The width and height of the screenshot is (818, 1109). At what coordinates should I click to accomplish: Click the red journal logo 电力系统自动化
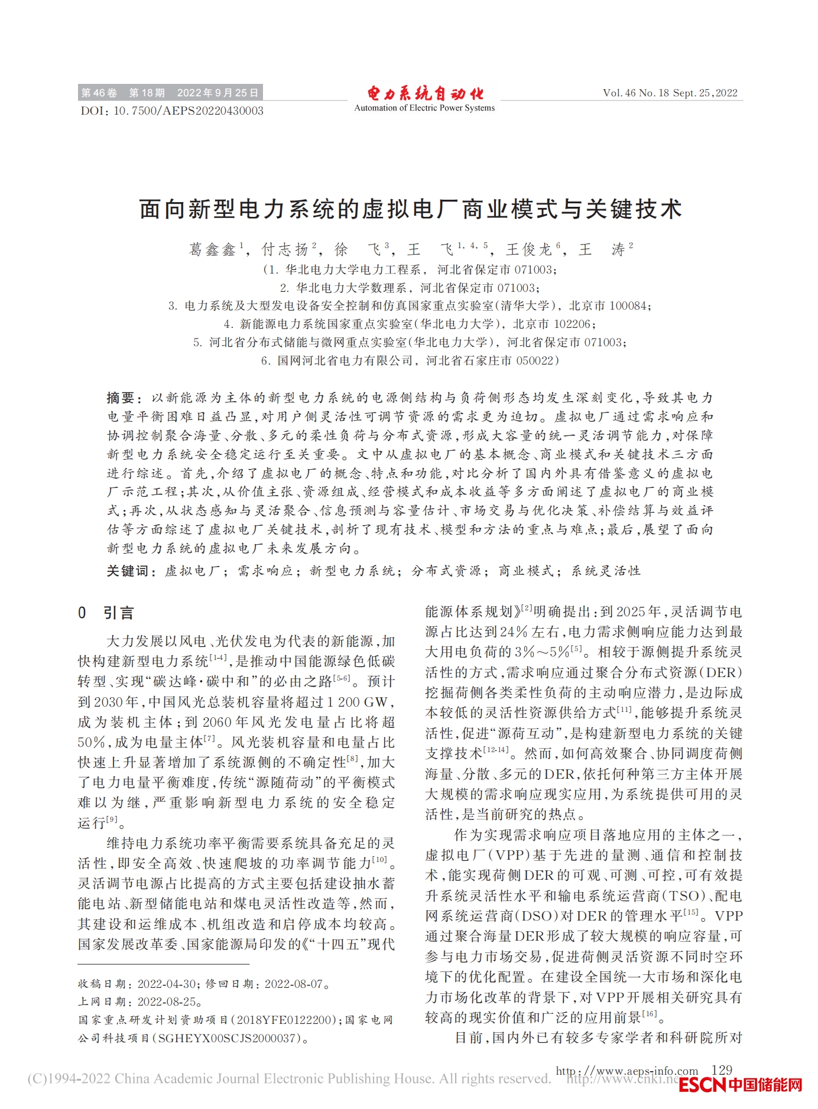click(424, 93)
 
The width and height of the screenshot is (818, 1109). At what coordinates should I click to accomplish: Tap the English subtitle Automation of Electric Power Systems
click(424, 108)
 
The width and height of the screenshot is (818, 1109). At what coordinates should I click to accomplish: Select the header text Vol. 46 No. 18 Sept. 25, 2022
click(670, 93)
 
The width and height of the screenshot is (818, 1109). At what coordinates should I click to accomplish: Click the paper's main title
click(410, 209)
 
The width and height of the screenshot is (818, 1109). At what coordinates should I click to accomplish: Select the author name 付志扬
click(285, 249)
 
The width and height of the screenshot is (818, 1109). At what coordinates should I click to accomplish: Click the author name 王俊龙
click(528, 249)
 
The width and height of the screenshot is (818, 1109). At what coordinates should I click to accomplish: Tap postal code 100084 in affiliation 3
click(628, 306)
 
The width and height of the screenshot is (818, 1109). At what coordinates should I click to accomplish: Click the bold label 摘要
click(121, 398)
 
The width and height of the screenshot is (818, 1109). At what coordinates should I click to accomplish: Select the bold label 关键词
click(127, 571)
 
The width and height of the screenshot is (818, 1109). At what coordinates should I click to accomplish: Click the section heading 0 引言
click(106, 613)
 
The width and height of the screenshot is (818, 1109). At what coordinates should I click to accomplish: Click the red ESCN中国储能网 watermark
click(741, 1085)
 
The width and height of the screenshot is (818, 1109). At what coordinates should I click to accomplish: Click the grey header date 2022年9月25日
click(218, 93)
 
